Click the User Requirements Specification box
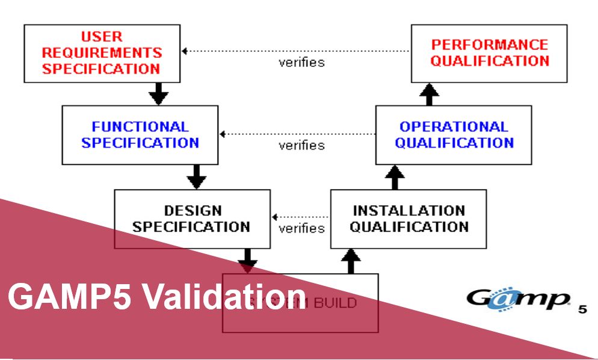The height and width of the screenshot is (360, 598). (102, 53)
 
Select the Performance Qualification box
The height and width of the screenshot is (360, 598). (489, 53)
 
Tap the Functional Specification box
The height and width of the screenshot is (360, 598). (140, 135)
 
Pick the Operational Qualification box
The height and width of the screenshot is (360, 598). (454, 135)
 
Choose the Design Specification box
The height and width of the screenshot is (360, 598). (192, 219)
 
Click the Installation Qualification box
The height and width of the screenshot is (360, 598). (408, 219)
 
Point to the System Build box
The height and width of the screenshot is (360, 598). (300, 303)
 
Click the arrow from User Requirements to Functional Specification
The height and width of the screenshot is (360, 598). (159, 93)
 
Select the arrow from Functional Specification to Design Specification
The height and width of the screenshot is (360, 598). (196, 176)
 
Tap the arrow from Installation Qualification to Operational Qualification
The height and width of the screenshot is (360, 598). (395, 176)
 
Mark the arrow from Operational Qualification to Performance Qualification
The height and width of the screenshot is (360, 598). (430, 93)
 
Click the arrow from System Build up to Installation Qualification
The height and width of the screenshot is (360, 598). (351, 261)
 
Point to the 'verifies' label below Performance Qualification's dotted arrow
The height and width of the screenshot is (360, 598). (301, 63)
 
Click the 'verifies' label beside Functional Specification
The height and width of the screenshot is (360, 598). (301, 146)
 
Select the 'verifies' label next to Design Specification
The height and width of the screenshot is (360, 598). (301, 229)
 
